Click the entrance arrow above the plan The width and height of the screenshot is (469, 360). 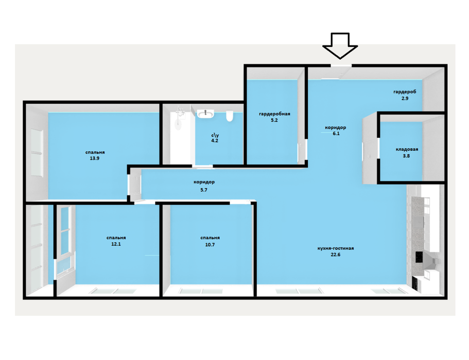[340, 46]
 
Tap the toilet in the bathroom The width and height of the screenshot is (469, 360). [230, 117]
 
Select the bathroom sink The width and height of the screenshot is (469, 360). [205, 114]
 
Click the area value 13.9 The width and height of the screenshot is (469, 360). [95, 158]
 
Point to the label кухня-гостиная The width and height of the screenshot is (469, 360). [336, 248]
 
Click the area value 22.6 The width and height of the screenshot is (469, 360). [336, 255]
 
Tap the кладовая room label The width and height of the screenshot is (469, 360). [407, 149]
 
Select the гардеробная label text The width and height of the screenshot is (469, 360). [274, 114]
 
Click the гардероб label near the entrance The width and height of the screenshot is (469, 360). [405, 92]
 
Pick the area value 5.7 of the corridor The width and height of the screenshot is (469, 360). [204, 190]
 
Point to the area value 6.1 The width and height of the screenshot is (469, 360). [336, 134]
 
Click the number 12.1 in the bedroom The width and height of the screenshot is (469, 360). [116, 244]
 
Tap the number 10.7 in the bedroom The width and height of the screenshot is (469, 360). [210, 245]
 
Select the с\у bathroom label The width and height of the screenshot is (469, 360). [215, 135]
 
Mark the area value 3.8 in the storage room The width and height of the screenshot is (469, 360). [406, 156]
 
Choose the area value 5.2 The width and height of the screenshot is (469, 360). [274, 120]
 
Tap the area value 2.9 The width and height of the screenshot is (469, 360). [405, 98]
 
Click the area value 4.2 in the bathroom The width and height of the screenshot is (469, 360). [215, 141]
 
